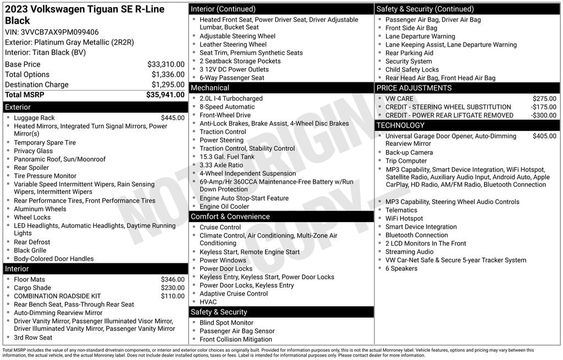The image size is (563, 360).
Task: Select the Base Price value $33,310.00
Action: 165,64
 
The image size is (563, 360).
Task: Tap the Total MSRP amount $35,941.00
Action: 165,95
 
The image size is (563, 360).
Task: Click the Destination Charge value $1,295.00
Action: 168,85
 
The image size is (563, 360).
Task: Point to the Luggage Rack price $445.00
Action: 173,118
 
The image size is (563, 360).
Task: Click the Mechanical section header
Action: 210,88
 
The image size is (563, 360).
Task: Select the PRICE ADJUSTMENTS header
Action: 413,88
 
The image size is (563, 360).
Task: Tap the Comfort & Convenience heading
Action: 230,217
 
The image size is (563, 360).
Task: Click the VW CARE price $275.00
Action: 544,99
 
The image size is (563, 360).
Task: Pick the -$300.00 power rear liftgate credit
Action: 543,115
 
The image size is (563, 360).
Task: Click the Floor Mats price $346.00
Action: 173,279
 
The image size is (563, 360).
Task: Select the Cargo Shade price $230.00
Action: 173,287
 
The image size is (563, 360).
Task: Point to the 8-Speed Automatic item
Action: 227,107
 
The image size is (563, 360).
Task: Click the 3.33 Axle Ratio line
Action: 221,165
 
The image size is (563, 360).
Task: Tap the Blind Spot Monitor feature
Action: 226,323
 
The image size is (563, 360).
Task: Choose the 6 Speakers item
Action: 401,268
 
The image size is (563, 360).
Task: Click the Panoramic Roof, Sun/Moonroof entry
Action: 59,159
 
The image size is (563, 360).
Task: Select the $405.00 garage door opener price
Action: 544,136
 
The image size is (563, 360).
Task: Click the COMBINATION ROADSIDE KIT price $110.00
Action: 173,296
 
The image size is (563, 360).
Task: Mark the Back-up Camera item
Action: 409,152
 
